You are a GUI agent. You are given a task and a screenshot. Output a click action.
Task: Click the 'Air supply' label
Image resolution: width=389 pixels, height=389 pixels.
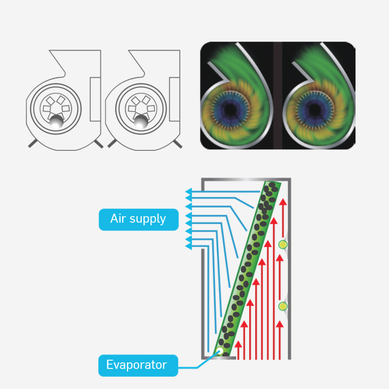[x=138, y=219]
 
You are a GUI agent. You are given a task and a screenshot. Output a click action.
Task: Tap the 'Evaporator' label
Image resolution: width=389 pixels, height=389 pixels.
[x=136, y=365]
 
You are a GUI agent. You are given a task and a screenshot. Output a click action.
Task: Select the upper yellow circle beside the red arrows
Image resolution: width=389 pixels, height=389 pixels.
[x=283, y=244]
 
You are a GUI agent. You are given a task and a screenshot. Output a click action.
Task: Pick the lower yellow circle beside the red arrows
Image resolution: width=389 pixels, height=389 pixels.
[x=283, y=306]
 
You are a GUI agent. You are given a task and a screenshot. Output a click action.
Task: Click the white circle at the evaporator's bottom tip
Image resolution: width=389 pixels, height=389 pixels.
[x=219, y=352]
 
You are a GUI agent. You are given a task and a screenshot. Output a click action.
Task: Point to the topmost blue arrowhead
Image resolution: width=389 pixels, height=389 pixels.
[x=188, y=193]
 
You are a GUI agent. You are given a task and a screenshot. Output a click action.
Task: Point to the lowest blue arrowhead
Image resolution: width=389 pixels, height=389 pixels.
[x=188, y=246]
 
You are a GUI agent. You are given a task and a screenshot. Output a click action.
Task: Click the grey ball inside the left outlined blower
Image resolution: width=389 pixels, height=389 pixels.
[x=55, y=121]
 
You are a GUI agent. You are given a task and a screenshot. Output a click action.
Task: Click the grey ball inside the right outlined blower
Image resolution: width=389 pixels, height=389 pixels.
[x=141, y=121]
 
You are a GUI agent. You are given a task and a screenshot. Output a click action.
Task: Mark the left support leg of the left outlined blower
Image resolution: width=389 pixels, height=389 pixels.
[x=31, y=143]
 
